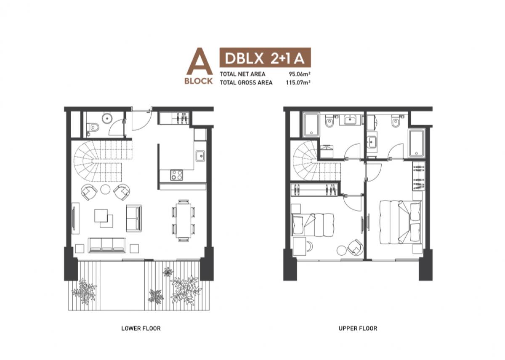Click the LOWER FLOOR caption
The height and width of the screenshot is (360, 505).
[141, 328]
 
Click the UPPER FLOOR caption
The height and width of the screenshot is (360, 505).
[358, 328]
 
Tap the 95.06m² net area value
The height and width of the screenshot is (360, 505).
[300, 74]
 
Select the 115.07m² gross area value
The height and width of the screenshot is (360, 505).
[298, 82]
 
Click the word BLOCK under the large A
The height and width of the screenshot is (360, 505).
[199, 81]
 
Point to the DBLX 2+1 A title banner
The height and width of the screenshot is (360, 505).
[265, 58]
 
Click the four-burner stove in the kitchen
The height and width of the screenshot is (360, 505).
[176, 175]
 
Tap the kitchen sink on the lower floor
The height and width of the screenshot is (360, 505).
[200, 156]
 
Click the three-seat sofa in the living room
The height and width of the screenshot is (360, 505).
[107, 245]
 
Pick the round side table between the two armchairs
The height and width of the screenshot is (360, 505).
[105, 189]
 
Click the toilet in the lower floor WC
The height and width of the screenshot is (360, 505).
[93, 127]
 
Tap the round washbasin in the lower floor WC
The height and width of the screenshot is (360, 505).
[107, 118]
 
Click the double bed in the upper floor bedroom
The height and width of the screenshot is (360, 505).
[400, 222]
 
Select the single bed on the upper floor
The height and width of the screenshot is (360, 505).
[313, 225]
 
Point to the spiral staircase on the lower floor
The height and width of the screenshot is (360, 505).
[103, 161]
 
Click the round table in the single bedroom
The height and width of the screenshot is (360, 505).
[342, 251]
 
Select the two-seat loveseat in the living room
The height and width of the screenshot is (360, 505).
[134, 218]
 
